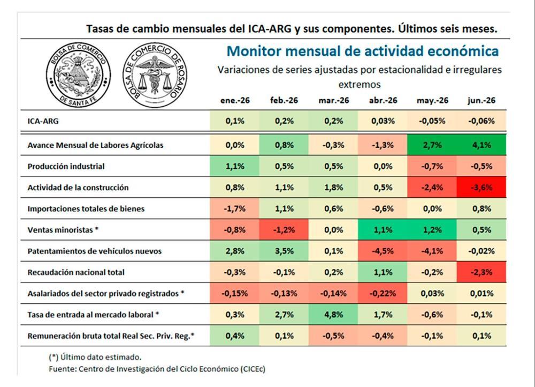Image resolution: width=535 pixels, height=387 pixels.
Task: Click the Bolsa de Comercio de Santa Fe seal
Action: tap(78, 75)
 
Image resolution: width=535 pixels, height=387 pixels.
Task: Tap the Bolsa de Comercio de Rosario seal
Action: tap(155, 75)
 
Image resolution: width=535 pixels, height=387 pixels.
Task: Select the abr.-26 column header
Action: tap(383, 100)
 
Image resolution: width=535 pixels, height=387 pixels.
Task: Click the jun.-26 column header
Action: tap(481, 100)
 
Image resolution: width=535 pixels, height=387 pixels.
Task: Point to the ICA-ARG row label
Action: tap(43, 121)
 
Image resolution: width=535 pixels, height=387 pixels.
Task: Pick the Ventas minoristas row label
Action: tap(63, 230)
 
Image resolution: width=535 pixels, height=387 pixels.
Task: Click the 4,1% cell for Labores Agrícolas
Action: tap(481, 145)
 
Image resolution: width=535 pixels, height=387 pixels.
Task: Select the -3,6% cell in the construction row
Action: tap(481, 188)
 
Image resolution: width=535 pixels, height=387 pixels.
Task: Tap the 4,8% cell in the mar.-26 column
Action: tap(333, 315)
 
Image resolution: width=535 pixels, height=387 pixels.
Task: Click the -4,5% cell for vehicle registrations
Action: tap(383, 251)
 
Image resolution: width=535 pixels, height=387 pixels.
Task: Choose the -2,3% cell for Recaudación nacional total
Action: tap(481, 272)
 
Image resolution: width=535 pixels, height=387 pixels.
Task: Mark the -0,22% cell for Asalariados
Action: tap(383, 293)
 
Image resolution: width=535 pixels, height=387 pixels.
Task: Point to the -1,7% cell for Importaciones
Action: tap(234, 209)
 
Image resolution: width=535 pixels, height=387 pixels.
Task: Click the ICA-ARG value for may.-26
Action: tap(432, 121)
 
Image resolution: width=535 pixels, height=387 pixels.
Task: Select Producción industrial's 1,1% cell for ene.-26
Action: tap(234, 166)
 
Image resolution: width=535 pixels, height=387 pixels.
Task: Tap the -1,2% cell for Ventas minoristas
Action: tap(284, 230)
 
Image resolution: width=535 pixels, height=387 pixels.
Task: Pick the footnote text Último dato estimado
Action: tap(101, 358)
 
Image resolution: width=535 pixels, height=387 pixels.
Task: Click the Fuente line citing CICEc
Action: tap(157, 369)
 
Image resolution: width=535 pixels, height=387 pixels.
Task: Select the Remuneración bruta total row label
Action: tap(111, 336)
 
